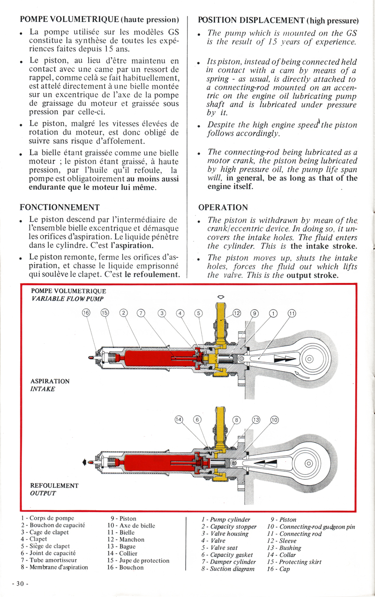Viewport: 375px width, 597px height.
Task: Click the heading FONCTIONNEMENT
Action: [x=60, y=207]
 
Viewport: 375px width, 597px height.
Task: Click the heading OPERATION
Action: [x=223, y=207]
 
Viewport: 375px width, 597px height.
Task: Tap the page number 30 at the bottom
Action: [x=21, y=584]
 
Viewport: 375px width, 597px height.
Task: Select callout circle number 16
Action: [x=86, y=313]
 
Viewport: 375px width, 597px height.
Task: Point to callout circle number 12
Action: [x=237, y=313]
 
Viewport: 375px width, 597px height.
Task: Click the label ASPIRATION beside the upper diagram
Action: [x=50, y=381]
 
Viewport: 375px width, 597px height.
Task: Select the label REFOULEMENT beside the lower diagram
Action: [x=54, y=485]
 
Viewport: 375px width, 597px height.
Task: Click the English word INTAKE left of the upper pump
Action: [x=43, y=389]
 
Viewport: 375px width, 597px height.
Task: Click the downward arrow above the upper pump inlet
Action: [x=221, y=297]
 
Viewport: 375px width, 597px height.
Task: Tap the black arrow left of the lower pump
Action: [x=84, y=462]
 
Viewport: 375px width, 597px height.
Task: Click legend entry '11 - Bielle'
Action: [x=121, y=532]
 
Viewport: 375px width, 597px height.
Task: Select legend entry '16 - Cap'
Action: [x=279, y=569]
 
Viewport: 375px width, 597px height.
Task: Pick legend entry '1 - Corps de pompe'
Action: [x=48, y=518]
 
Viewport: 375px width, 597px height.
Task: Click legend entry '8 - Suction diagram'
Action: [x=228, y=569]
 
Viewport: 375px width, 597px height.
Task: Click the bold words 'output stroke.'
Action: [x=313, y=275]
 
